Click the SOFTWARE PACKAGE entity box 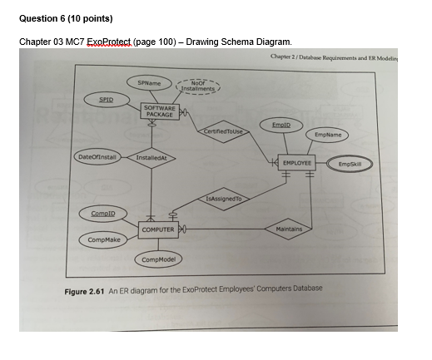[x=160, y=111]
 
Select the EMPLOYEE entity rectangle [x=297, y=163]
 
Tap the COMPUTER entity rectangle [x=156, y=229]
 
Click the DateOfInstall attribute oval [x=97, y=155]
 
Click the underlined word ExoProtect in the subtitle [x=119, y=41]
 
